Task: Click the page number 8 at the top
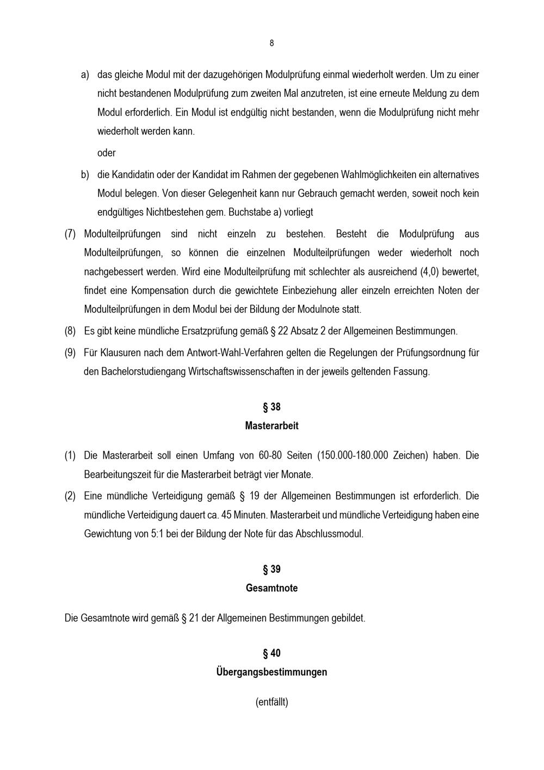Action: coord(271,44)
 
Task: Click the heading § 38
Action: coord(271,407)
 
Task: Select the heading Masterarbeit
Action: coord(271,426)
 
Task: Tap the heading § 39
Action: coord(271,570)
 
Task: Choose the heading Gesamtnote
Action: coord(271,588)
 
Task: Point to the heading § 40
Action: coord(271,653)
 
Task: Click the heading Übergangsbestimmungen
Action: coord(271,672)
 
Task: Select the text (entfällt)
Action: coord(271,702)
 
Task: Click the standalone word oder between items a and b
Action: coord(107,153)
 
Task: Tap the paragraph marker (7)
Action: coord(70,234)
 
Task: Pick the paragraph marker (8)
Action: coord(70,331)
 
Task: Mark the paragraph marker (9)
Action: coord(70,353)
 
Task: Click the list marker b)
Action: coord(85,175)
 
